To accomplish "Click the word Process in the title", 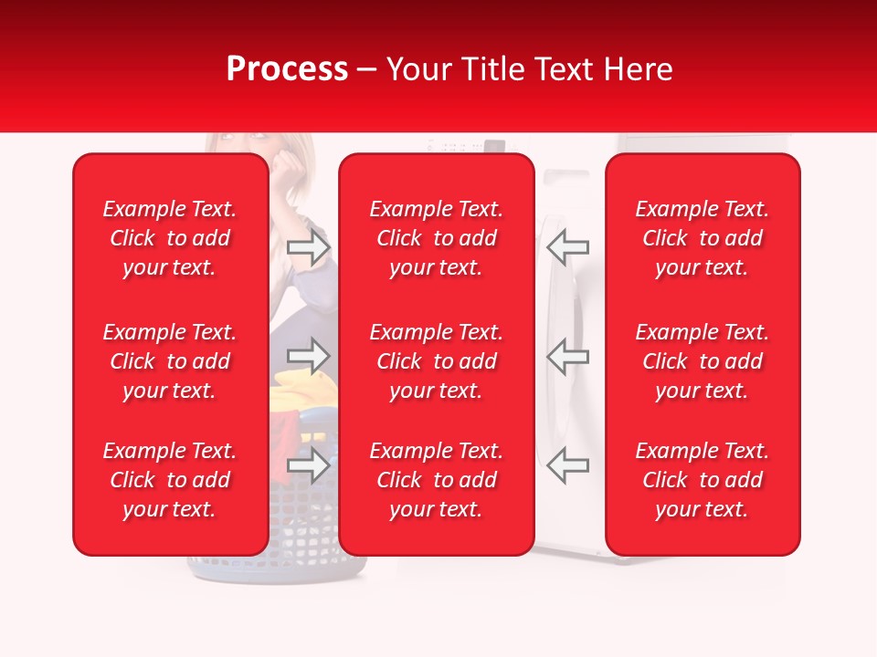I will coord(287,69).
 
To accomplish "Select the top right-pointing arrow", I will coord(308,247).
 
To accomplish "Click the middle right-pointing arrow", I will coord(308,357).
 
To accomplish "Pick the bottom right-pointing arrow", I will coord(308,465).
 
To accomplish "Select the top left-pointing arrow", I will coord(568,247).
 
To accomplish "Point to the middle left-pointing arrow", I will coord(568,357).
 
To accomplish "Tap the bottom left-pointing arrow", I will coord(568,465).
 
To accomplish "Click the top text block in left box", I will coord(170,238).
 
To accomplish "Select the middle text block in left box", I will coord(170,361).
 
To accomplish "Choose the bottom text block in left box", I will coord(170,480).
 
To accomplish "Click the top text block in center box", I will coord(437,238).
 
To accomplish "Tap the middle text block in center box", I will coord(437,361).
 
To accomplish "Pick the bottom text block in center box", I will coord(437,480).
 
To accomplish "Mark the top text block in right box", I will coord(703,238).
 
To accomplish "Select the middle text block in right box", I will coord(703,361).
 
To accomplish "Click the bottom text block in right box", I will coord(703,480).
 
